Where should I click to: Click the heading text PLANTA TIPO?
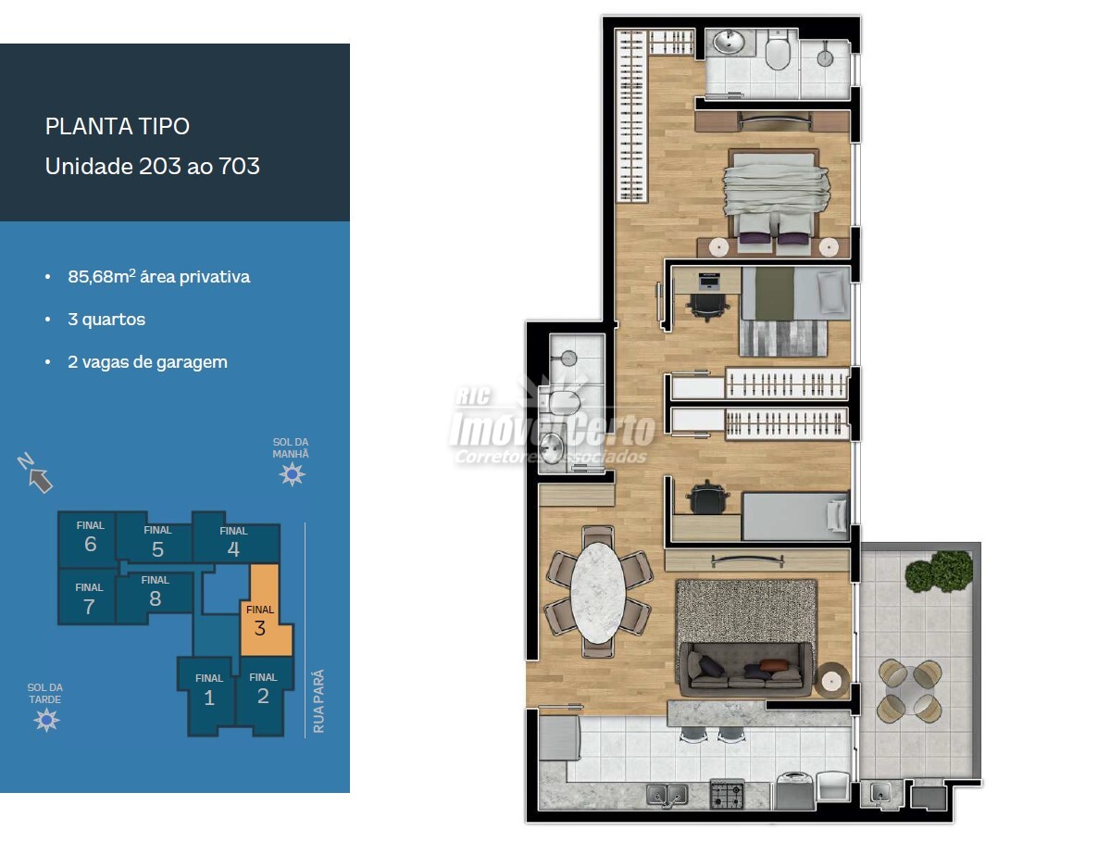point(118,126)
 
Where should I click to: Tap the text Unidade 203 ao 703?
point(152,167)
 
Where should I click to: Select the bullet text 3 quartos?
point(106,320)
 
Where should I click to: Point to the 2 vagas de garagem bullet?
point(147,362)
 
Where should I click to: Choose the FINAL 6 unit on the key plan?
point(89,539)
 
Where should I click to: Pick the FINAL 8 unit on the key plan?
point(155,593)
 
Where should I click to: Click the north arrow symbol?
point(35,473)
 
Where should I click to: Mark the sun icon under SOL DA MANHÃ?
point(292,473)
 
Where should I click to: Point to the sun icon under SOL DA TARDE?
point(46,720)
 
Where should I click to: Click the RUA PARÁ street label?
point(318,700)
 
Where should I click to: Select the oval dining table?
point(598,592)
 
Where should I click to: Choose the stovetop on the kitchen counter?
point(727,794)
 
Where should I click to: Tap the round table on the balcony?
point(910,691)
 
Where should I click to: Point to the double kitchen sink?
point(667,795)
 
